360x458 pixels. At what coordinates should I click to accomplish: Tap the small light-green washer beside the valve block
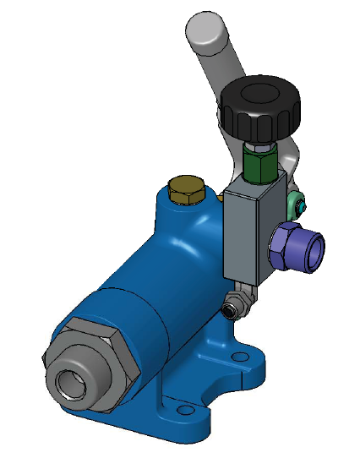click(x=298, y=203)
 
